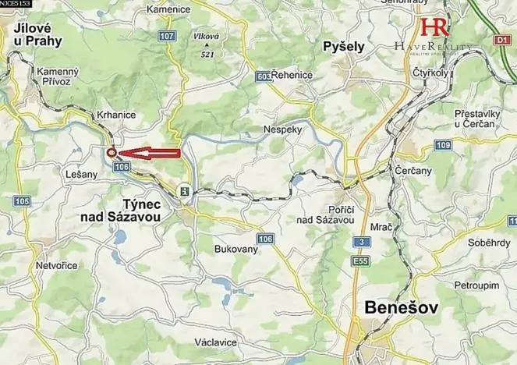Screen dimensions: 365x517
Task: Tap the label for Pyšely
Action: point(344,47)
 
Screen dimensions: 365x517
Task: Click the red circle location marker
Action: point(112,153)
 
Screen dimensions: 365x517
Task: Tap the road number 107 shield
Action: point(166,37)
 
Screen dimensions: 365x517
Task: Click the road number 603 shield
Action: point(263,76)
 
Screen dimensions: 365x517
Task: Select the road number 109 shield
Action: point(444,146)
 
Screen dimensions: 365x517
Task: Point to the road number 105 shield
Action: point(21,202)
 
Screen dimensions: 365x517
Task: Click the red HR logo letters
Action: point(434,27)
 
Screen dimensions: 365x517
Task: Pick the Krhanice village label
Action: point(116,115)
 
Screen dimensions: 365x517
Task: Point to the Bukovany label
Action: point(236,250)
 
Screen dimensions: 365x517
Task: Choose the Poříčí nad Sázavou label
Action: point(324,214)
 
